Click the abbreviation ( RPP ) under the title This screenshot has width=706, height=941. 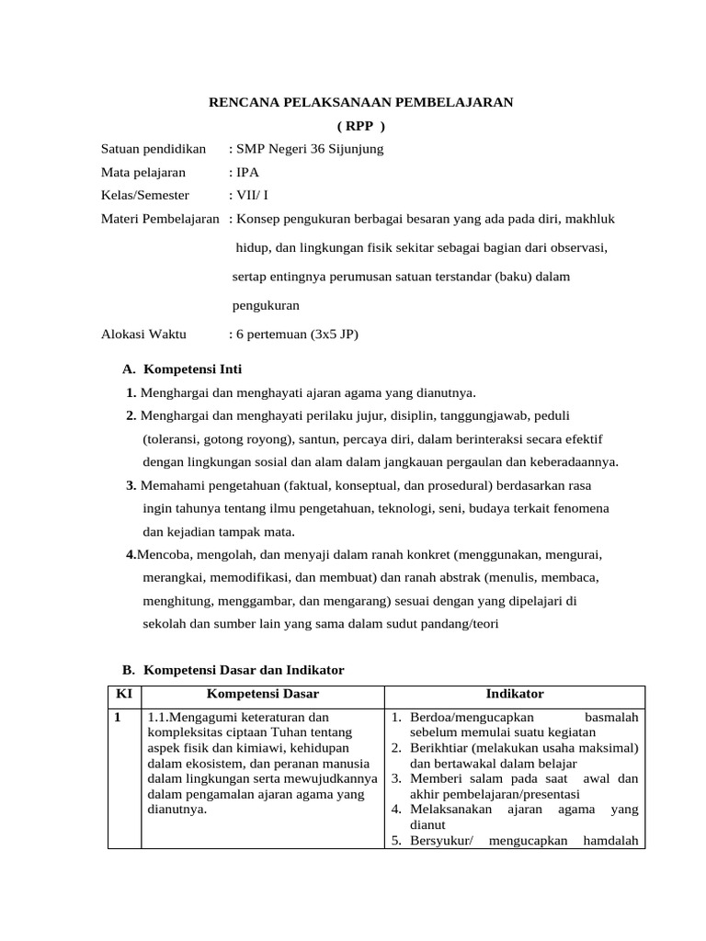tap(360, 126)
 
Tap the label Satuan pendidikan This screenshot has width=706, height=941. tap(154, 149)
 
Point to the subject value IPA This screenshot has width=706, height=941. tap(247, 172)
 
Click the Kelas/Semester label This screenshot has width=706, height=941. tap(145, 195)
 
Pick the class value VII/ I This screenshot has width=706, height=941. tap(254, 195)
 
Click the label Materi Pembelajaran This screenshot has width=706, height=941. tap(160, 219)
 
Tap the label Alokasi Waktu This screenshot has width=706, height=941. tap(143, 334)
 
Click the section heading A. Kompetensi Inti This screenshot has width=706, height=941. tap(182, 369)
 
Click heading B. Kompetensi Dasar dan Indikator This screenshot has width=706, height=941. tap(233, 670)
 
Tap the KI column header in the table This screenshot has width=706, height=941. tap(124, 694)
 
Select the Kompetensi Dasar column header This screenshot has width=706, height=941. tap(263, 694)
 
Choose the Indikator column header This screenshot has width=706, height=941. tap(515, 694)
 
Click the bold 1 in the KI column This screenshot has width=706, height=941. tap(118, 717)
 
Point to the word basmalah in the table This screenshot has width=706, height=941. tap(611, 717)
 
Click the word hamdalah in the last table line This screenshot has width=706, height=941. tap(610, 840)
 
